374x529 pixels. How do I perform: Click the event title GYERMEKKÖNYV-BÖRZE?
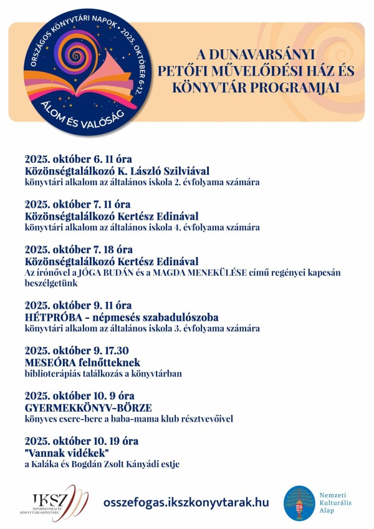click(89, 407)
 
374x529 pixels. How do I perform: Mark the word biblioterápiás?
click(53, 374)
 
